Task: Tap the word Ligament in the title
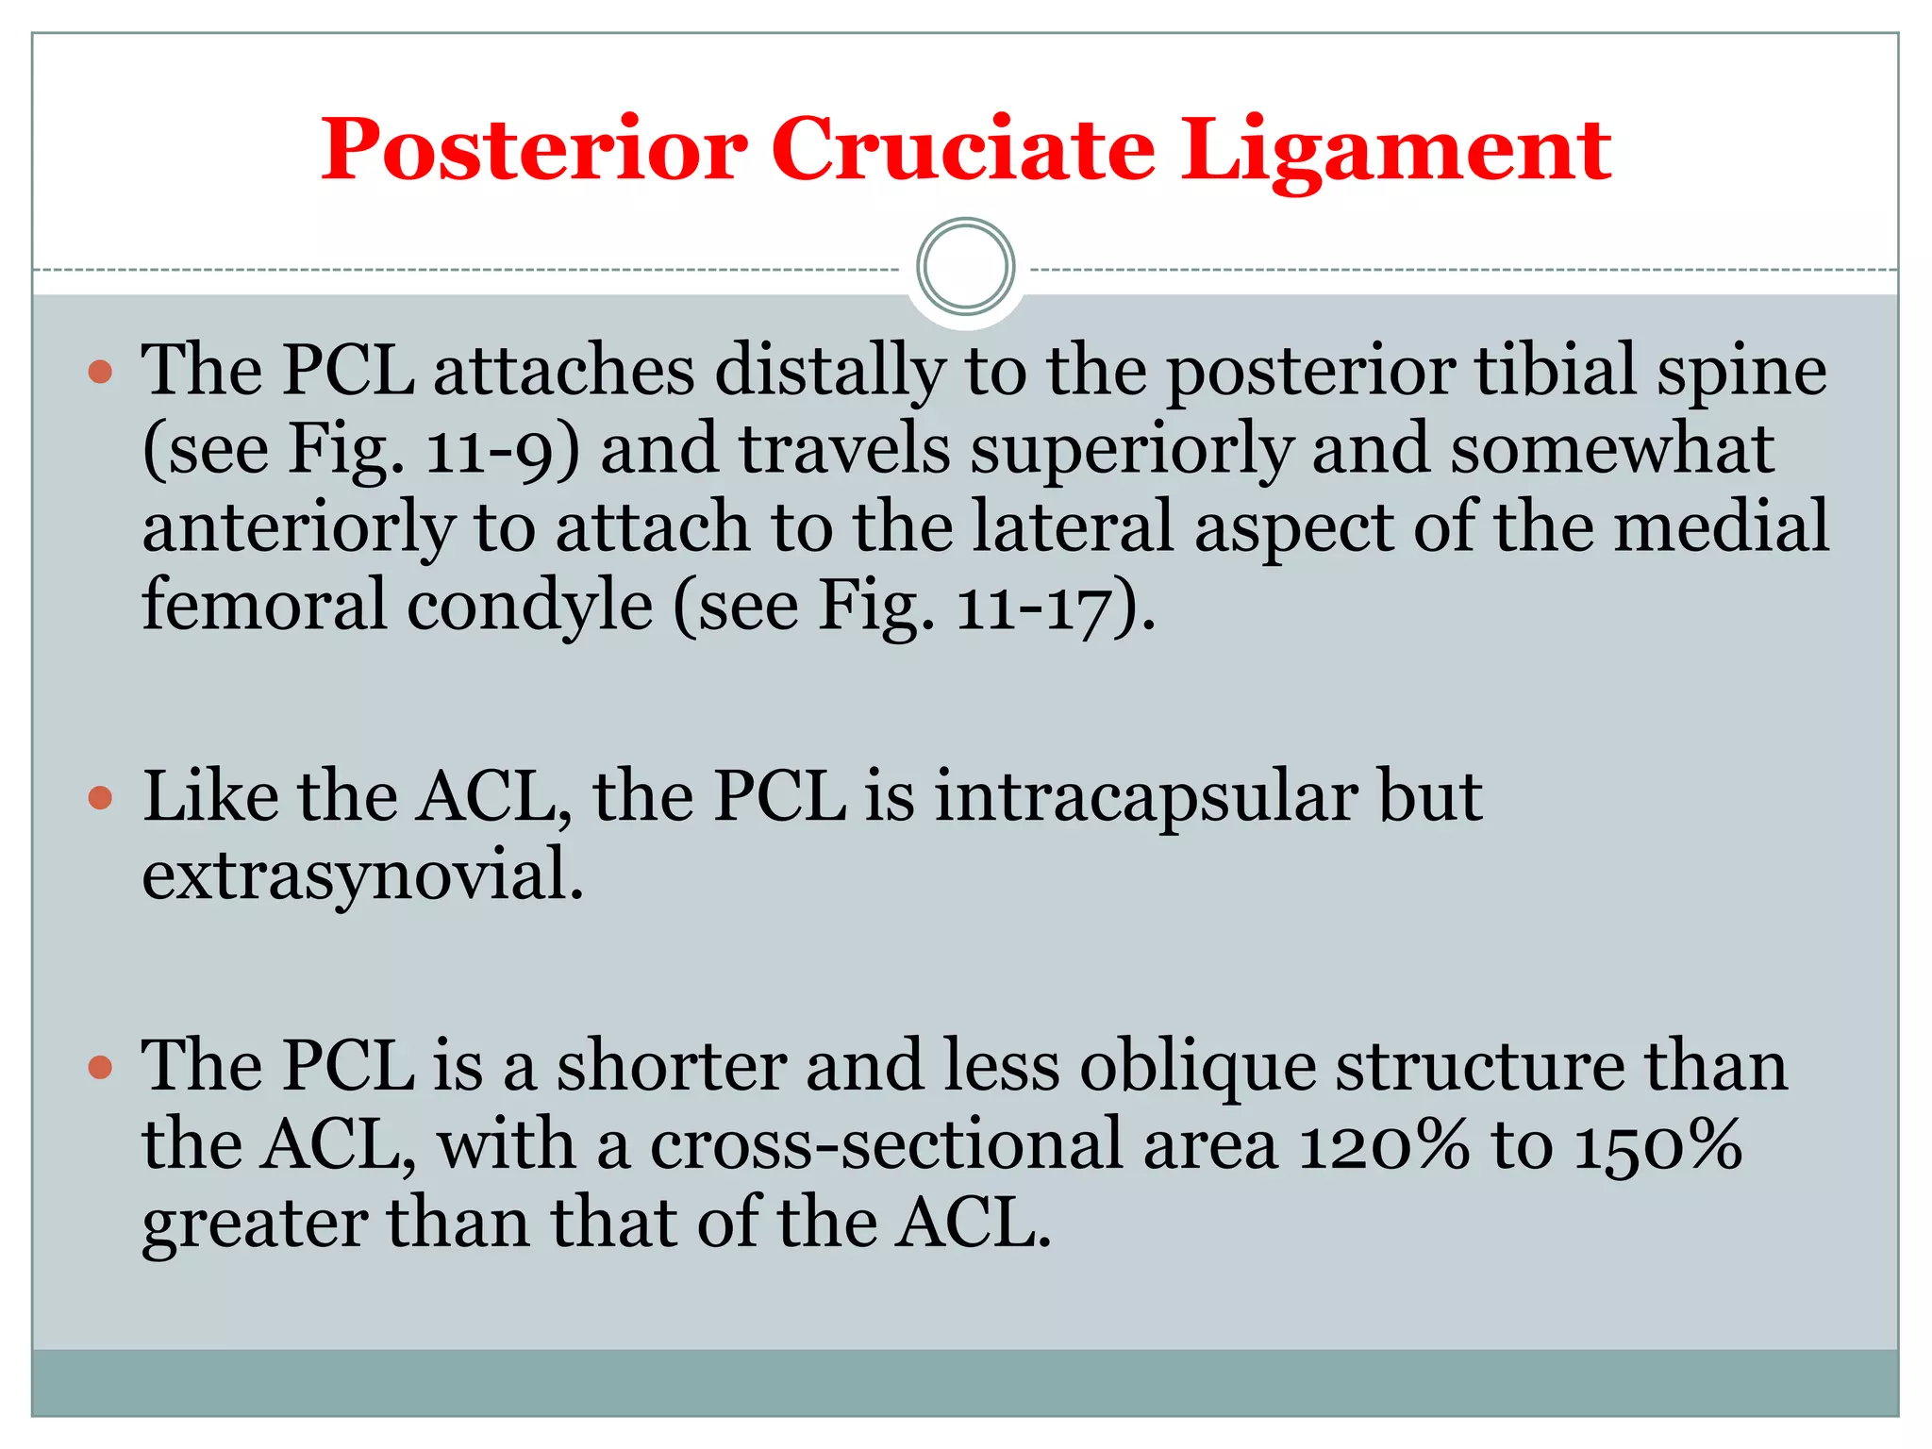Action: (x=1395, y=151)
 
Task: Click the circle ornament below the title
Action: (x=965, y=266)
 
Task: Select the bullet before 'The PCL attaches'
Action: (x=100, y=372)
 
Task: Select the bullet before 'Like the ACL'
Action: (x=100, y=799)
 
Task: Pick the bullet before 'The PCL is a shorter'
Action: (x=100, y=1068)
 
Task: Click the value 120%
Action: (x=1383, y=1145)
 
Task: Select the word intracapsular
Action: (x=1145, y=797)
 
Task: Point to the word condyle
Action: (x=529, y=608)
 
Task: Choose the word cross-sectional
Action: (x=886, y=1145)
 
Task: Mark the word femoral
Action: (x=264, y=606)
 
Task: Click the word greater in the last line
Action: (x=254, y=1225)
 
